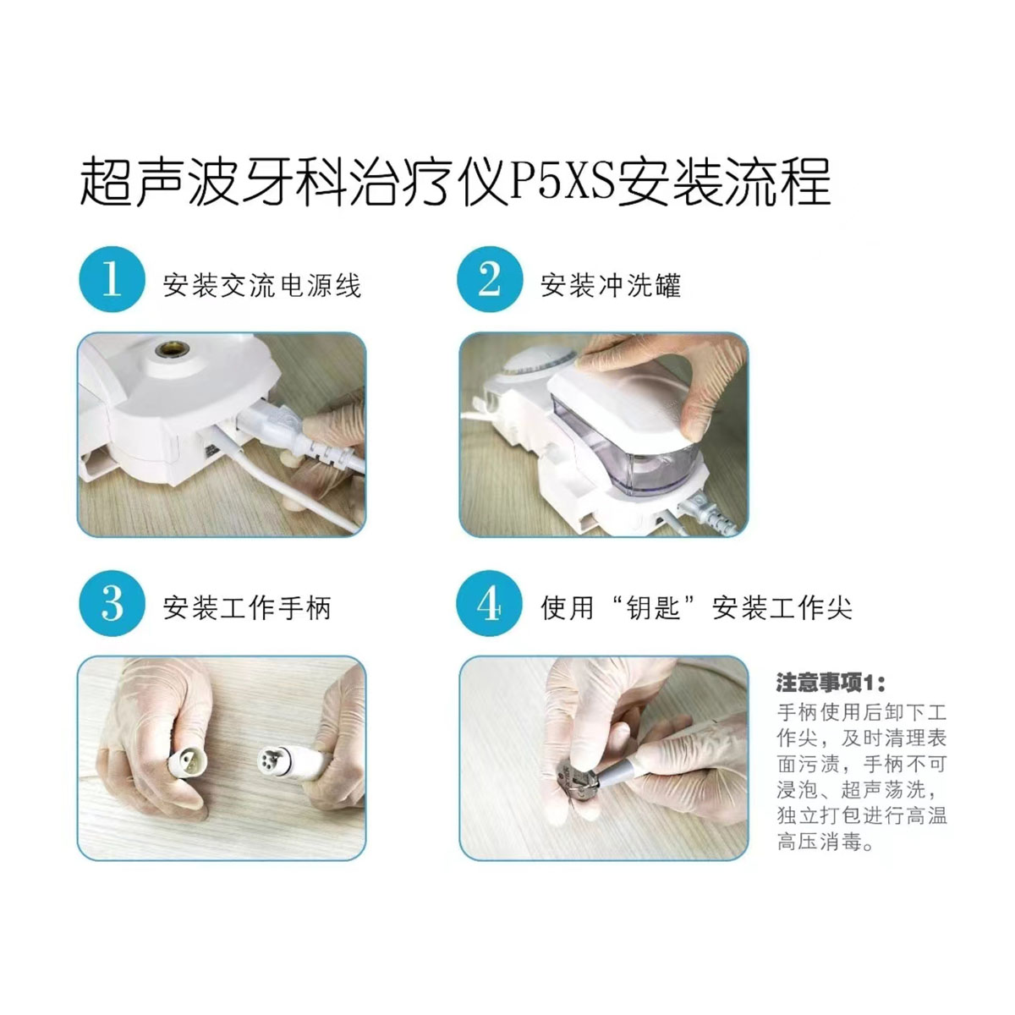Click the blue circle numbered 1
click(x=112, y=279)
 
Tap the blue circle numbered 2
click(x=490, y=279)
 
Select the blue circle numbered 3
click(x=112, y=603)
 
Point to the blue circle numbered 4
click(x=490, y=603)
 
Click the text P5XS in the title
click(x=562, y=182)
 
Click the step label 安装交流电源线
click(x=261, y=286)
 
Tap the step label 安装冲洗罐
click(x=611, y=286)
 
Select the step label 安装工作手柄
click(x=246, y=608)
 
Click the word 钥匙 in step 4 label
click(x=653, y=608)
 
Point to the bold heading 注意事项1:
click(x=831, y=683)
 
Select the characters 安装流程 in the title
click(x=723, y=182)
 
